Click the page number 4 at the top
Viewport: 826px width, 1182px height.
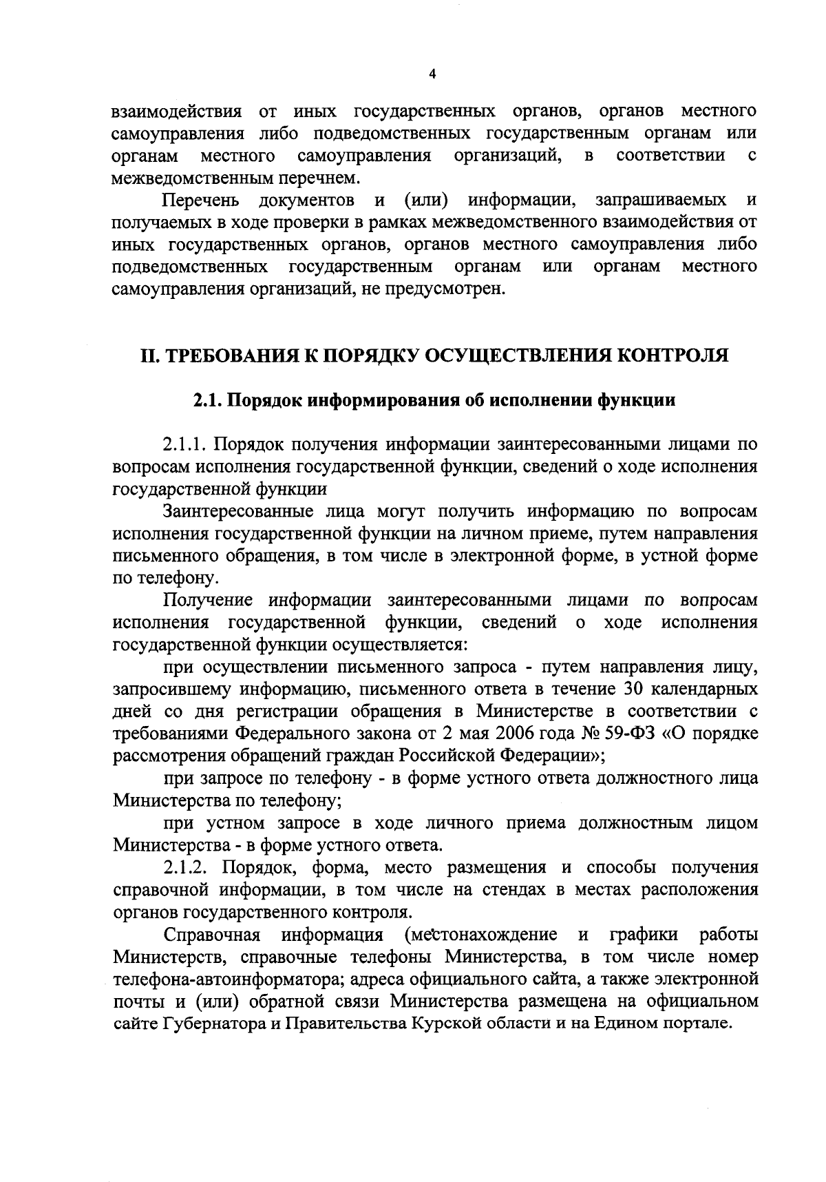(x=432, y=75)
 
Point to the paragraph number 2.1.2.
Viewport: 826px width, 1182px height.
(x=187, y=867)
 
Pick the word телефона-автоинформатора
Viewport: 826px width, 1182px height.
(x=224, y=978)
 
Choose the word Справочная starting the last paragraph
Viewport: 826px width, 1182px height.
(x=213, y=934)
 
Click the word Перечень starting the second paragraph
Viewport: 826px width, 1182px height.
(x=201, y=200)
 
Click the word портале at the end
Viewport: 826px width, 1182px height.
(x=696, y=1023)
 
